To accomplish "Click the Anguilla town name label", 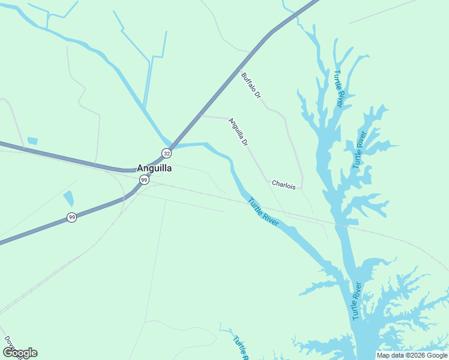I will pos(154,169).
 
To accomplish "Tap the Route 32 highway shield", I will pos(166,154).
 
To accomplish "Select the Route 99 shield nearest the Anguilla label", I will pos(143,180).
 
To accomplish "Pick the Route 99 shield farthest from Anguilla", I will pos(71,217).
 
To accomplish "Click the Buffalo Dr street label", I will pos(252,85).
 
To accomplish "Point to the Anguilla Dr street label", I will pos(238,132).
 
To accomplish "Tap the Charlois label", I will pos(283,185).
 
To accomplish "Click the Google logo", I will pos(20,353).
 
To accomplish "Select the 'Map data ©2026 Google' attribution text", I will pos(412,355).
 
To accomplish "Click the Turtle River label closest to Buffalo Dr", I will pos(339,89).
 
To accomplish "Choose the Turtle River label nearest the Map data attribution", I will pos(357,301).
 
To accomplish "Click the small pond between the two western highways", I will pos(68,199).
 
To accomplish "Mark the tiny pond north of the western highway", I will pos(32,141).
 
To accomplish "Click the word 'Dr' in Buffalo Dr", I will pos(258,94).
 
